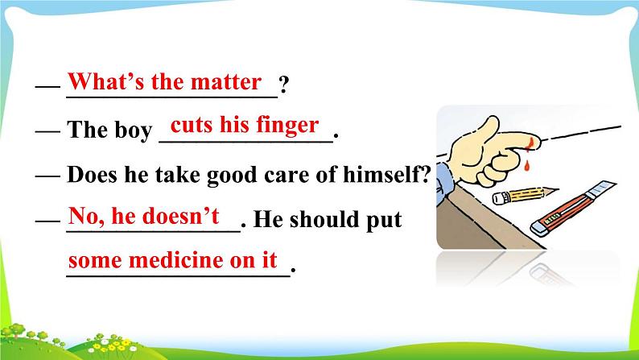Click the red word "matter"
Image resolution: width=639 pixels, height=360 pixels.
[x=226, y=82]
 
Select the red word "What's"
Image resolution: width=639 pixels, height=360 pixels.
[x=106, y=81]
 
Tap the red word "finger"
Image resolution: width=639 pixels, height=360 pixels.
[x=288, y=126]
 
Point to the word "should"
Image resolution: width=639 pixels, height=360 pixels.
[x=325, y=219]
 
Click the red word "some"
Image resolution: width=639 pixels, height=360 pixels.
[x=95, y=261]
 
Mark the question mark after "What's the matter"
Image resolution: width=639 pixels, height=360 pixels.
[x=283, y=85]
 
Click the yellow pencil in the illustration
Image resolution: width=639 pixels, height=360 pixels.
[x=525, y=195]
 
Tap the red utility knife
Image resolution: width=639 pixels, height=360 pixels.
[x=573, y=209]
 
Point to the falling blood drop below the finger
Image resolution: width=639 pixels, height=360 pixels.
[x=527, y=166]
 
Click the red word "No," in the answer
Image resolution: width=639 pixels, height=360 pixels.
[x=86, y=216]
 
